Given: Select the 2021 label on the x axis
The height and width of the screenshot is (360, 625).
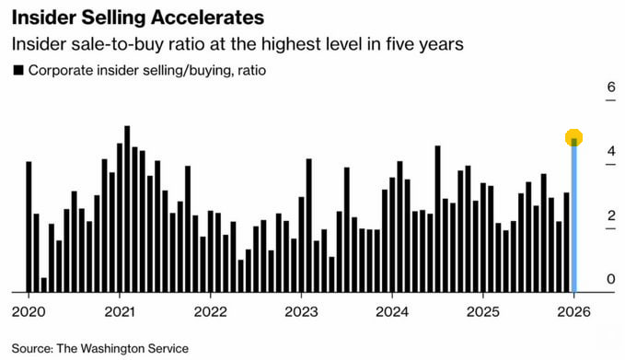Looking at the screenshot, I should tap(120, 310).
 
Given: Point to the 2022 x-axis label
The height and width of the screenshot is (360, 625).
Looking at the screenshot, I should tap(211, 310).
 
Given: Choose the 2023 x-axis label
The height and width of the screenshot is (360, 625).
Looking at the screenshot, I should tap(301, 310).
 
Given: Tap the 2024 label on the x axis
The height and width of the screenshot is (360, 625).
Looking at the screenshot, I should tap(392, 310).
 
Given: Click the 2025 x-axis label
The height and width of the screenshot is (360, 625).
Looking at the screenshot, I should tap(483, 310).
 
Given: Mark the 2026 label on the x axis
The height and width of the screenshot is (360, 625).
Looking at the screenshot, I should tap(574, 310).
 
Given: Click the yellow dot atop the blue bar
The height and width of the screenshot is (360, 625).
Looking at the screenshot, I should tap(574, 138).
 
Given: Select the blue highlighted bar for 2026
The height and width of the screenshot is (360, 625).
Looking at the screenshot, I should tap(574, 221).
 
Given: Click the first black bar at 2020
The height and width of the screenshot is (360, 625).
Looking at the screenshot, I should tap(29, 226).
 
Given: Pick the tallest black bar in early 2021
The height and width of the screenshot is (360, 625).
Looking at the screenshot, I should tap(127, 208).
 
